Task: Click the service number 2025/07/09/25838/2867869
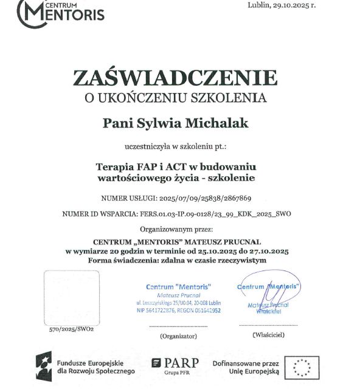(x=204, y=198)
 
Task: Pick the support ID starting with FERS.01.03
(x=220, y=214)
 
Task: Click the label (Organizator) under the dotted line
(x=178, y=335)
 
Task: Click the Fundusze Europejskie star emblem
(x=45, y=366)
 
